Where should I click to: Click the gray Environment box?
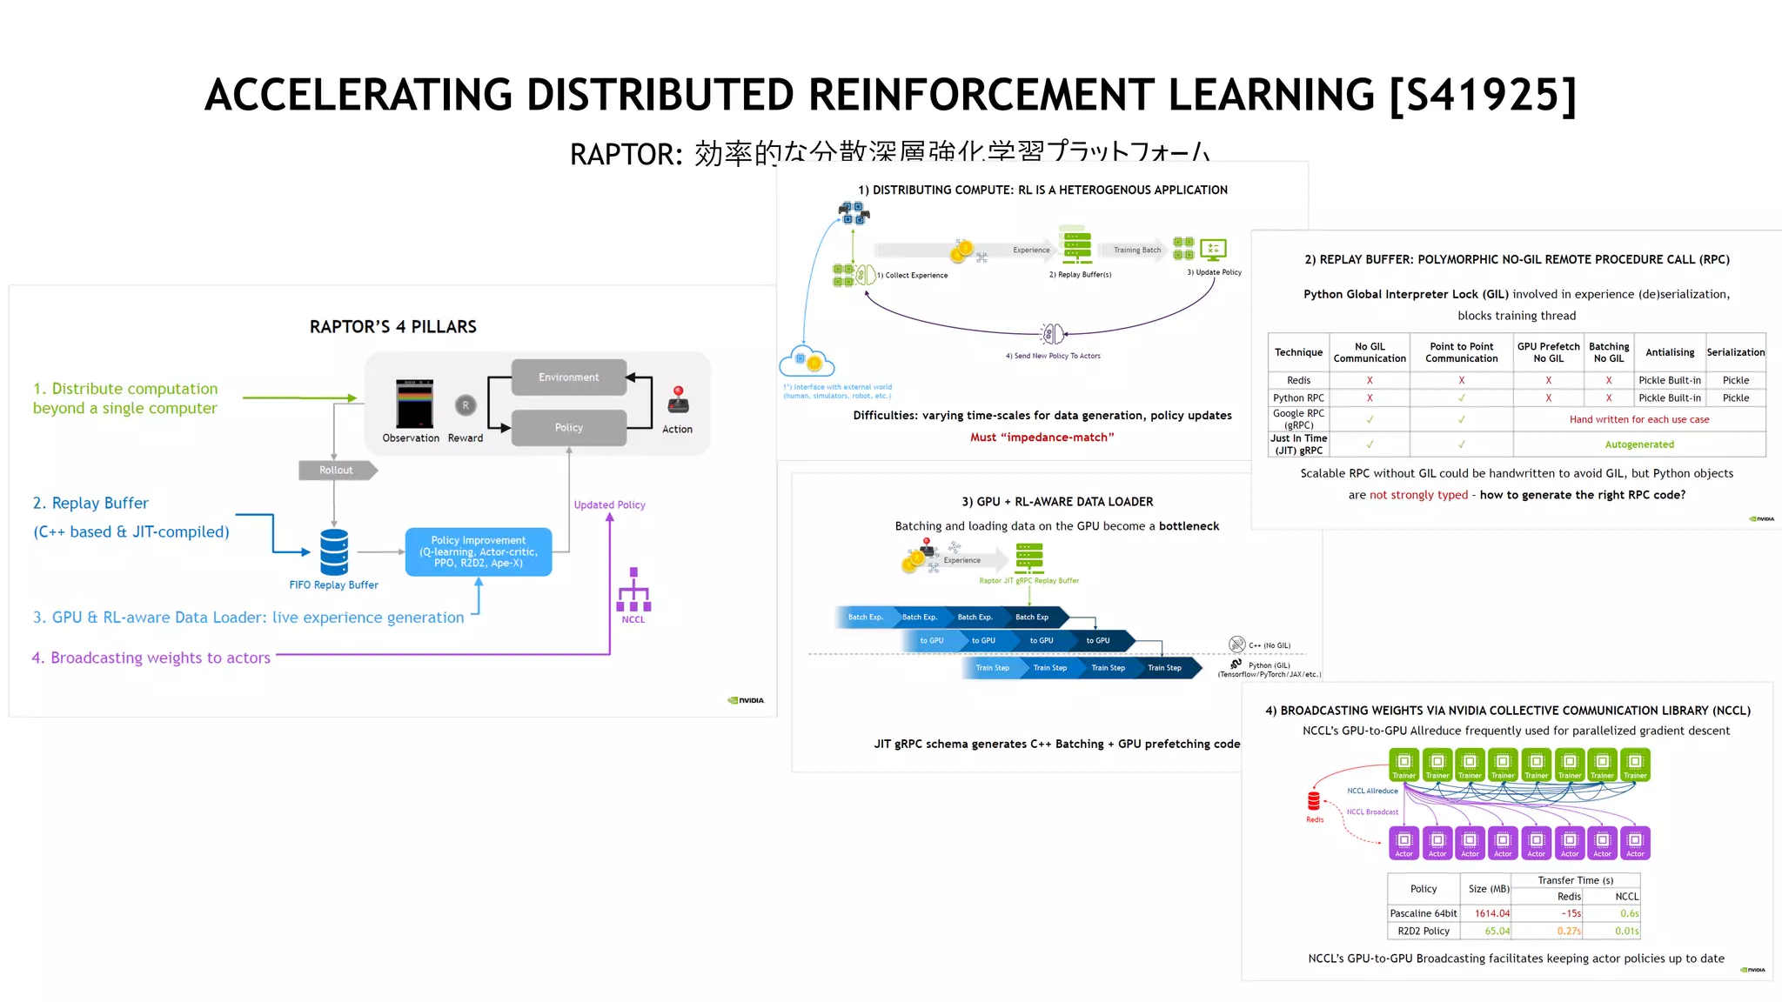(x=568, y=377)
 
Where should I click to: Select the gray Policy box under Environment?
(x=568, y=428)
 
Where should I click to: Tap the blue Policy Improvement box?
(x=479, y=551)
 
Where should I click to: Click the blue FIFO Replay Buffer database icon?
(x=334, y=551)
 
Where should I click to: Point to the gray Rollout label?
(x=337, y=471)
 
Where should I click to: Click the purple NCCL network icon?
(x=633, y=591)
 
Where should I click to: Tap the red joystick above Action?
(x=678, y=401)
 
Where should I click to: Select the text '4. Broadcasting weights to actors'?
(x=151, y=658)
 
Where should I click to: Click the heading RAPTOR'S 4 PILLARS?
(x=392, y=327)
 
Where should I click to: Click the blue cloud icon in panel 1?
(x=807, y=360)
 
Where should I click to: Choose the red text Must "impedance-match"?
(x=1042, y=438)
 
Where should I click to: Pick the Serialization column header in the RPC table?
(x=1735, y=352)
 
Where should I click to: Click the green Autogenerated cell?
(x=1638, y=444)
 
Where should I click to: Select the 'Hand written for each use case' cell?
(x=1638, y=419)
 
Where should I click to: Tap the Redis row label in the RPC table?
(x=1298, y=380)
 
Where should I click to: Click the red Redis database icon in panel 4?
(x=1314, y=801)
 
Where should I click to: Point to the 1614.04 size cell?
(x=1491, y=913)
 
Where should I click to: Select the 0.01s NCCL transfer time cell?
(x=1625, y=931)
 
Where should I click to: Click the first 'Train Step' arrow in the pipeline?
(x=993, y=668)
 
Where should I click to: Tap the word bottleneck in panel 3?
(x=1189, y=526)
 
